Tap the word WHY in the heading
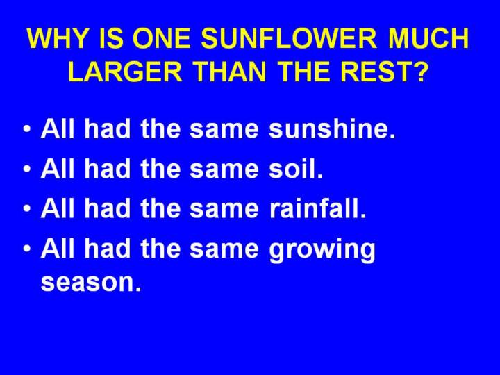point(57,38)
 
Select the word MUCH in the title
point(428,38)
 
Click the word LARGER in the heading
point(125,72)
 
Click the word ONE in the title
point(162,38)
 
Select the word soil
point(296,168)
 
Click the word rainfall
point(317,208)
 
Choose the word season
point(91,283)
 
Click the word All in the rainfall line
point(58,208)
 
